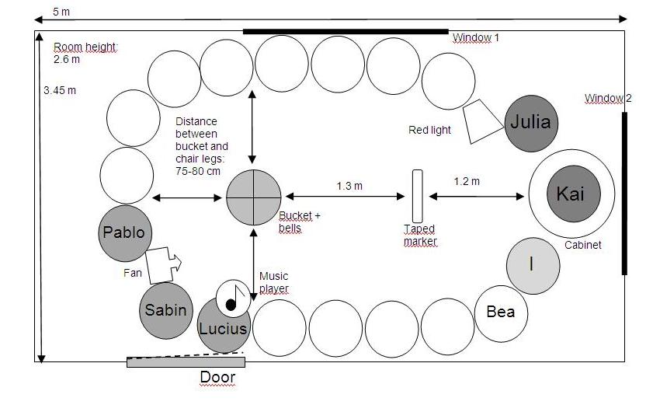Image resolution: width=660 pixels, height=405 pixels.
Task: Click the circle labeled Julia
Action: click(531, 123)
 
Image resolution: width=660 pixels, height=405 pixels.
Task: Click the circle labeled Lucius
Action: click(224, 328)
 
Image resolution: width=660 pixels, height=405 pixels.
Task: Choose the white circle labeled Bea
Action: click(501, 312)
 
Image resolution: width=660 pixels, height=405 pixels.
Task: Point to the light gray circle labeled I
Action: click(533, 265)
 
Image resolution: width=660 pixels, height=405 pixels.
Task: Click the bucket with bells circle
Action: click(254, 197)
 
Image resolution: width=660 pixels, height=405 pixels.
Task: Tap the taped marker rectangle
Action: click(418, 195)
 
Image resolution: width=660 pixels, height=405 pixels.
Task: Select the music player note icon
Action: click(233, 296)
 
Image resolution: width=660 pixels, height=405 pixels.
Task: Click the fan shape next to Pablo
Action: click(162, 264)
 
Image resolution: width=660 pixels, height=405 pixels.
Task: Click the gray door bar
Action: click(186, 361)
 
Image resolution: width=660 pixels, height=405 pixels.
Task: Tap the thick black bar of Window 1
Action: click(346, 32)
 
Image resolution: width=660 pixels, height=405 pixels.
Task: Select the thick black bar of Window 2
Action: click(624, 194)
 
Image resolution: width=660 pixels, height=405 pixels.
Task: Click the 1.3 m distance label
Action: click(349, 186)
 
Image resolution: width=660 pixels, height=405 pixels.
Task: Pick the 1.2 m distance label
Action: click(466, 181)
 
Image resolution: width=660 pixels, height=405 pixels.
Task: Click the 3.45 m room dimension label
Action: click(60, 90)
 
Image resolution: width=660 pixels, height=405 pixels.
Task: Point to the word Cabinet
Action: click(582, 245)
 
